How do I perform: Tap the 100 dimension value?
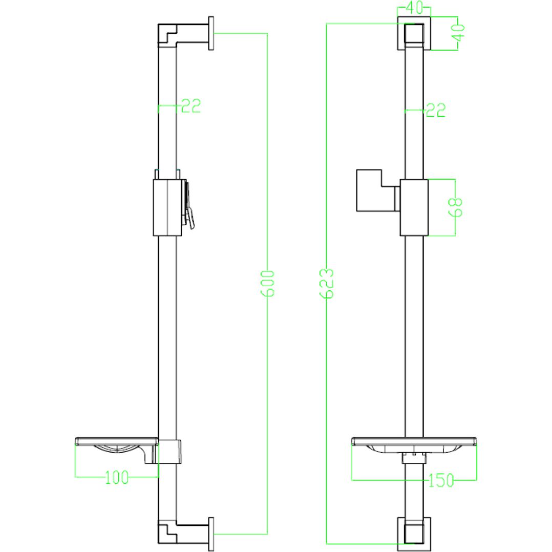click(x=117, y=478)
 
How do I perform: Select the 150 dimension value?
click(x=441, y=480)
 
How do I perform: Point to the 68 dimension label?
click(x=456, y=207)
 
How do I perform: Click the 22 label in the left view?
click(x=190, y=105)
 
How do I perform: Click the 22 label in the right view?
click(x=435, y=110)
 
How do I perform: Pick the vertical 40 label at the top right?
click(x=458, y=33)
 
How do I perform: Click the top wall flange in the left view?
click(x=211, y=33)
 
